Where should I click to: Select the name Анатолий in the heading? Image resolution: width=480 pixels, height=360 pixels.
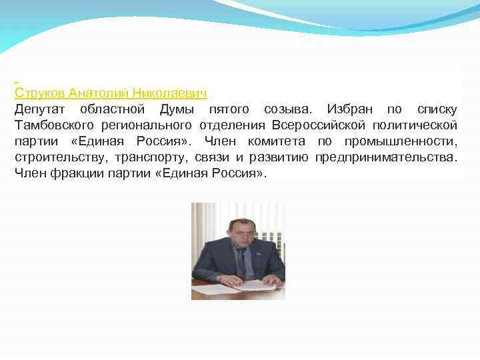100,93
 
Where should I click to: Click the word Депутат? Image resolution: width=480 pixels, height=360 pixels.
41,109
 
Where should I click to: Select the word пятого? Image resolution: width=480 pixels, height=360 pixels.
229,109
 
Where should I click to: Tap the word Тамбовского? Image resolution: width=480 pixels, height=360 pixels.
57,125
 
